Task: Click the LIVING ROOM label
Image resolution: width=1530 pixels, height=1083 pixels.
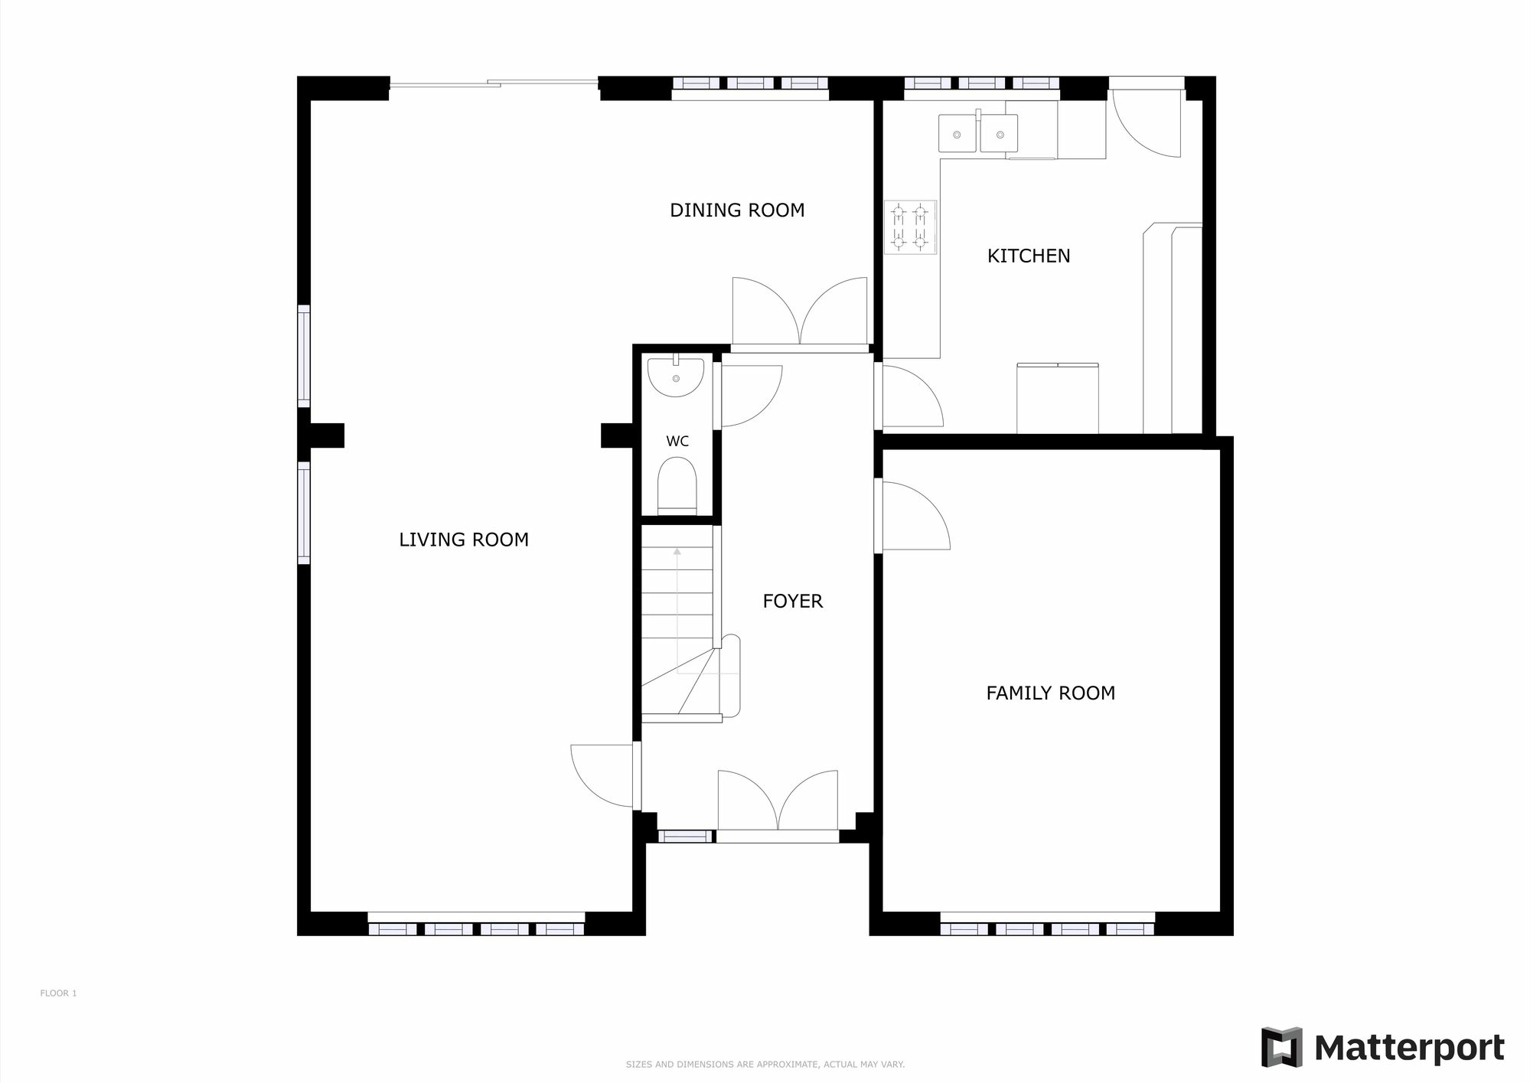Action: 463,540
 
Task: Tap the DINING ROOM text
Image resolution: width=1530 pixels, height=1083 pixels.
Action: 737,210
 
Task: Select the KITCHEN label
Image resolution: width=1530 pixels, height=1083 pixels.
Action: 1028,256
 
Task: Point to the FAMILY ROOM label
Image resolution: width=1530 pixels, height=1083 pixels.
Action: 1050,693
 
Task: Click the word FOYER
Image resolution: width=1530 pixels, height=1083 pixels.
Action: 792,602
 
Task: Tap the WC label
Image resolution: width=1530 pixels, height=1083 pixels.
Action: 677,442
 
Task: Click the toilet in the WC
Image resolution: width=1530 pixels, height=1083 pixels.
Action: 677,485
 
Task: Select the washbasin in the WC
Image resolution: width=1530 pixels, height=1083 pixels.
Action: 675,376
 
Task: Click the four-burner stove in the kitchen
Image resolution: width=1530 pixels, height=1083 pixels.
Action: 910,227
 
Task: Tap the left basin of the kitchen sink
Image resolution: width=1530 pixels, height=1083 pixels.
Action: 957,135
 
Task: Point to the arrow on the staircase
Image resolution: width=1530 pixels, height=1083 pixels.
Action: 677,550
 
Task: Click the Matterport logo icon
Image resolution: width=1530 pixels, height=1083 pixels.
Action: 1281,1048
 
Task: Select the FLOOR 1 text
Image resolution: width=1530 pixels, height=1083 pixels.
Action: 58,993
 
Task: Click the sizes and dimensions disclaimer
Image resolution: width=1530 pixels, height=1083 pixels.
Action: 765,1065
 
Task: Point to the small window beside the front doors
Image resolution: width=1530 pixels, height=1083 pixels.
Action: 685,837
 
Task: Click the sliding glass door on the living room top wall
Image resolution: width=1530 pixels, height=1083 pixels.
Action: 494,83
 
